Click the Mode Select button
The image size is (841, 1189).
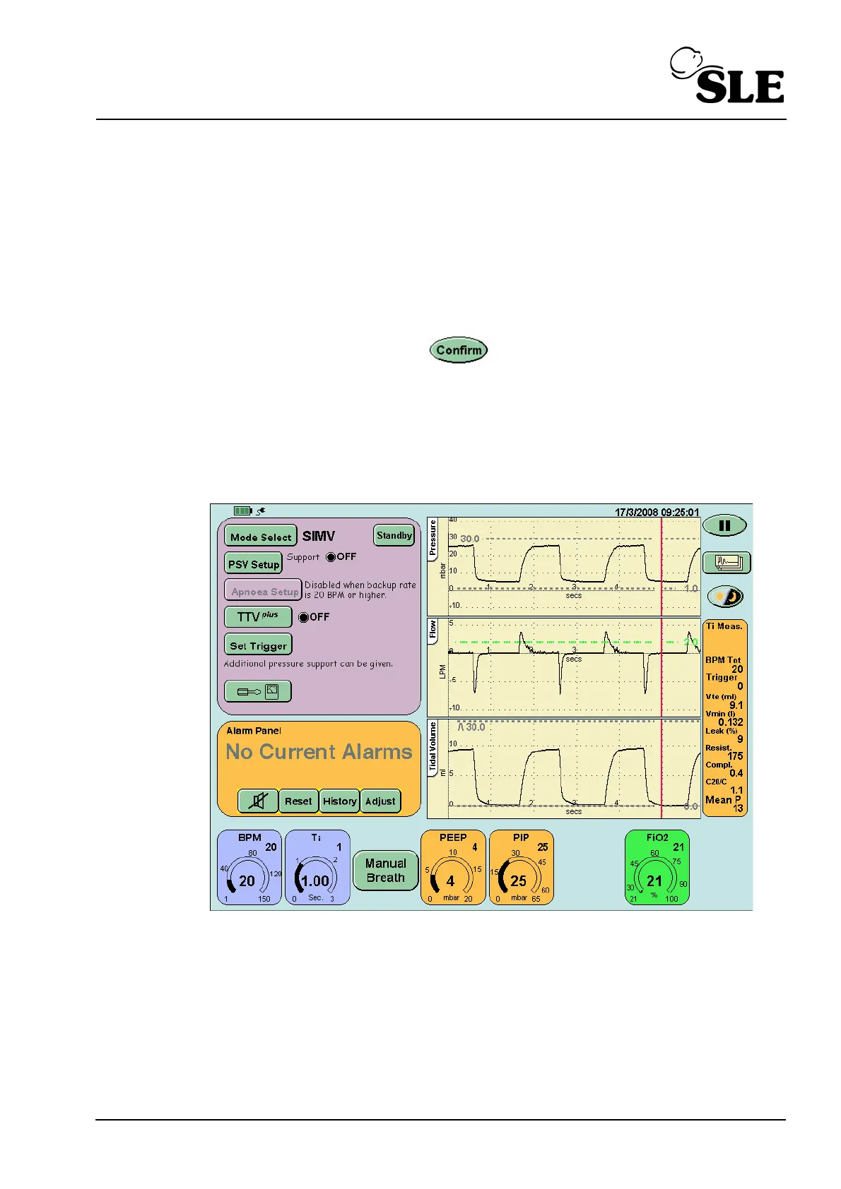(x=260, y=537)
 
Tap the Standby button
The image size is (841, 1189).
(x=394, y=535)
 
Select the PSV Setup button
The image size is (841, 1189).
(x=254, y=564)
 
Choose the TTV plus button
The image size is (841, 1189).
(x=258, y=617)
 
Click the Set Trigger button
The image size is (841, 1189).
(x=258, y=645)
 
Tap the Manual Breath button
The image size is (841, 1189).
(x=385, y=871)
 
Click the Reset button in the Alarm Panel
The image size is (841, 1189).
(x=298, y=801)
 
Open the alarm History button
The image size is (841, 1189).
(x=339, y=801)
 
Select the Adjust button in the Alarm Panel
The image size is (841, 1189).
(x=380, y=801)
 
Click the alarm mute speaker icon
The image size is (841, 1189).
(x=259, y=801)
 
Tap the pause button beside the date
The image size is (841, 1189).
(x=724, y=525)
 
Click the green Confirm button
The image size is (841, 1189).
(x=459, y=350)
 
